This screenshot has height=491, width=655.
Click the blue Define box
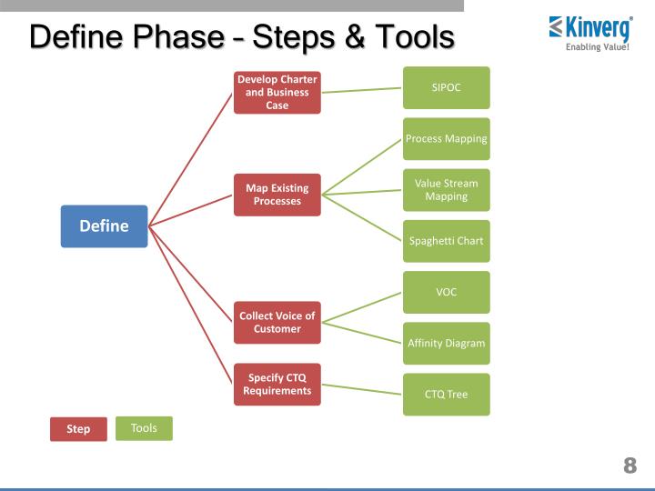(104, 226)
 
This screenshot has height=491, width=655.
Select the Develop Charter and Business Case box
(277, 92)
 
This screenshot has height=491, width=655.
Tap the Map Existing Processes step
(277, 195)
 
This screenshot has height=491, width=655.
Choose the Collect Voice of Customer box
(277, 322)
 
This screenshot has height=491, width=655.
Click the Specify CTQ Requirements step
(277, 385)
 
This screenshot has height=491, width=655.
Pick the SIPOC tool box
(446, 88)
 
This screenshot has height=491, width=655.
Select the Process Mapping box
(446, 139)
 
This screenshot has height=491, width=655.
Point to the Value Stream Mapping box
(446, 190)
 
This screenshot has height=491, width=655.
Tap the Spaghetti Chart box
(446, 241)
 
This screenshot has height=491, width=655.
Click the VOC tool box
(446, 292)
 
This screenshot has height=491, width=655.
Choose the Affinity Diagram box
(446, 343)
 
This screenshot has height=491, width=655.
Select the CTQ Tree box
(446, 395)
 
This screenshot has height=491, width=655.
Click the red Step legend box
(78, 429)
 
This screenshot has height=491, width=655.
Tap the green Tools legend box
(144, 428)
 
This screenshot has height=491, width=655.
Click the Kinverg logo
(591, 33)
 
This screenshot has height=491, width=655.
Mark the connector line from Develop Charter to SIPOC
(362, 90)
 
